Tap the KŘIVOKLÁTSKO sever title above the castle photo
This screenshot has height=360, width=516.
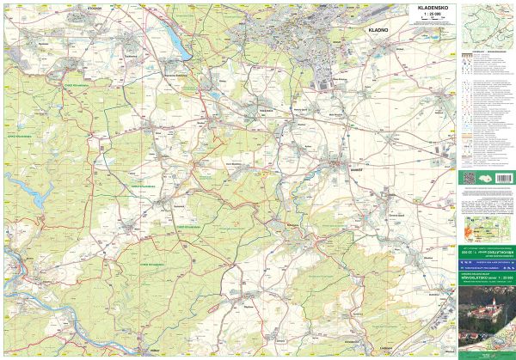486,278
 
